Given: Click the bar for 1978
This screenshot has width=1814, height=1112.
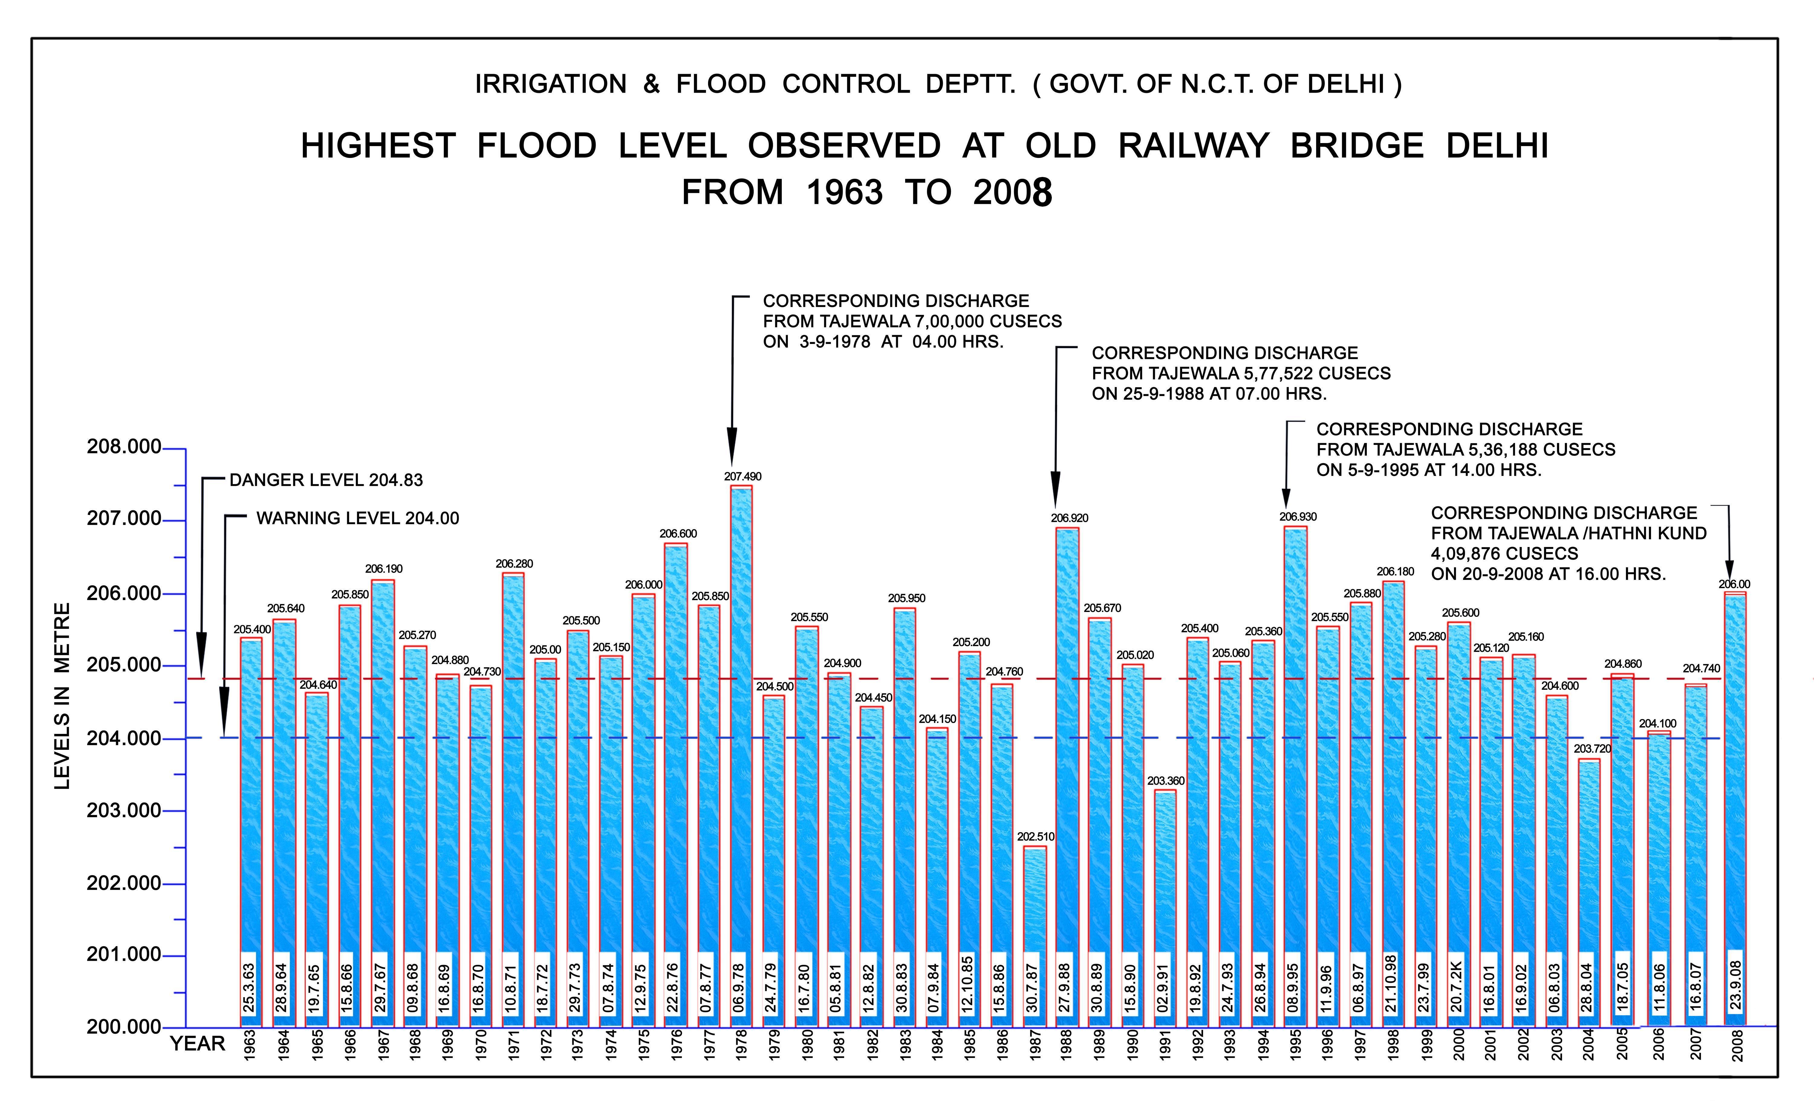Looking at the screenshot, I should coord(741,736).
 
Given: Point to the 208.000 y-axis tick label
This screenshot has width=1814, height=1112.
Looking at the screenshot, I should coord(124,447).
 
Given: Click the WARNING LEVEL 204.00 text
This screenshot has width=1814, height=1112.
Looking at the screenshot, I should coord(357,518).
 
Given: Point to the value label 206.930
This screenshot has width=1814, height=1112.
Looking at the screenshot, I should coord(1297,517).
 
